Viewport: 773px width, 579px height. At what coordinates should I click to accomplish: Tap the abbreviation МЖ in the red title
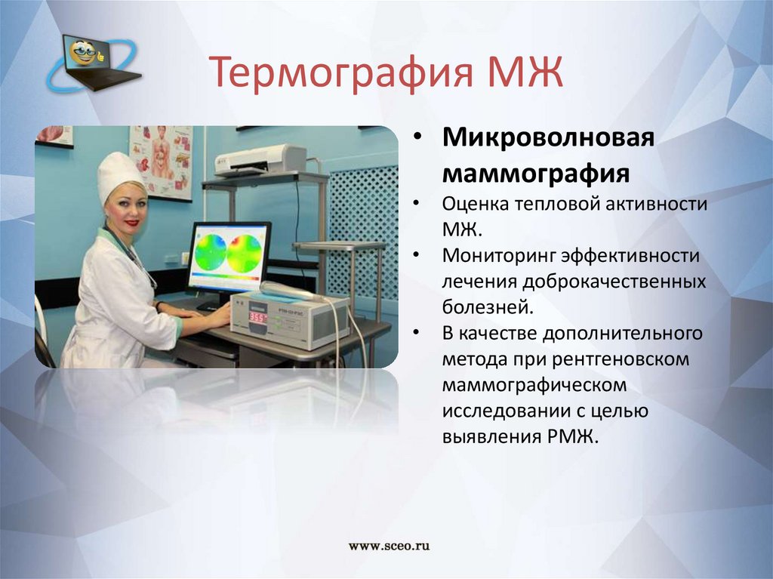pos(525,72)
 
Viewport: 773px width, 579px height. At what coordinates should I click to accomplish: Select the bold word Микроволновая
pos(548,137)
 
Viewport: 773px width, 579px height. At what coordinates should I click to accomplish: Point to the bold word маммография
pos(536,173)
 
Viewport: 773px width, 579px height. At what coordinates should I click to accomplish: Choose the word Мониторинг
pos(498,255)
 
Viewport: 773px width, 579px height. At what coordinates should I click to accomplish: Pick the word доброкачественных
pos(614,282)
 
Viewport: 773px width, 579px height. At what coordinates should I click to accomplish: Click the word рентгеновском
pos(621,359)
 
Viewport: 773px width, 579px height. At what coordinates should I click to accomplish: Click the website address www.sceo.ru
pos(389,546)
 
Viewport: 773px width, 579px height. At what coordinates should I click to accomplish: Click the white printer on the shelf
pos(260,160)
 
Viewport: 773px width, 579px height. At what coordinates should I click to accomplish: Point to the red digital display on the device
pos(257,316)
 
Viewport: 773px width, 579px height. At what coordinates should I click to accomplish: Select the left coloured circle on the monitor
pos(211,251)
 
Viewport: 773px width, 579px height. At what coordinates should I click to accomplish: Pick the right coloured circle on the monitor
pos(245,252)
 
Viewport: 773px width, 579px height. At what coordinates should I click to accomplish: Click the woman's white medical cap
pos(120,176)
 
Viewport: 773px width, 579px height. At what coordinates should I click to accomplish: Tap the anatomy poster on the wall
pos(162,162)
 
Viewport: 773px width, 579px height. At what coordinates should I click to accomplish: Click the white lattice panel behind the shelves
pos(364,232)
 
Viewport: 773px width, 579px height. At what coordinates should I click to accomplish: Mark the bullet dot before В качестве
pos(417,333)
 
